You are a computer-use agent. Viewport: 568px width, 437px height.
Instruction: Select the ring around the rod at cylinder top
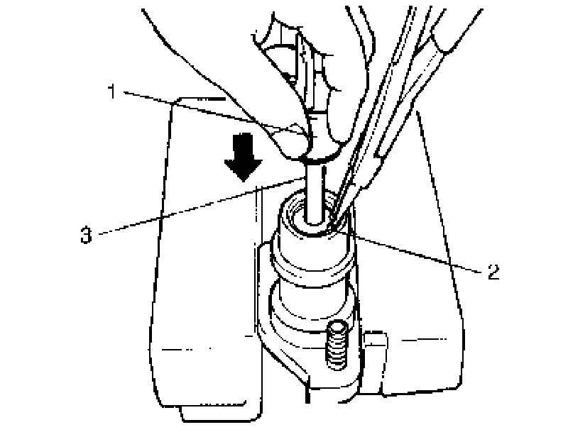click(x=313, y=226)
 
